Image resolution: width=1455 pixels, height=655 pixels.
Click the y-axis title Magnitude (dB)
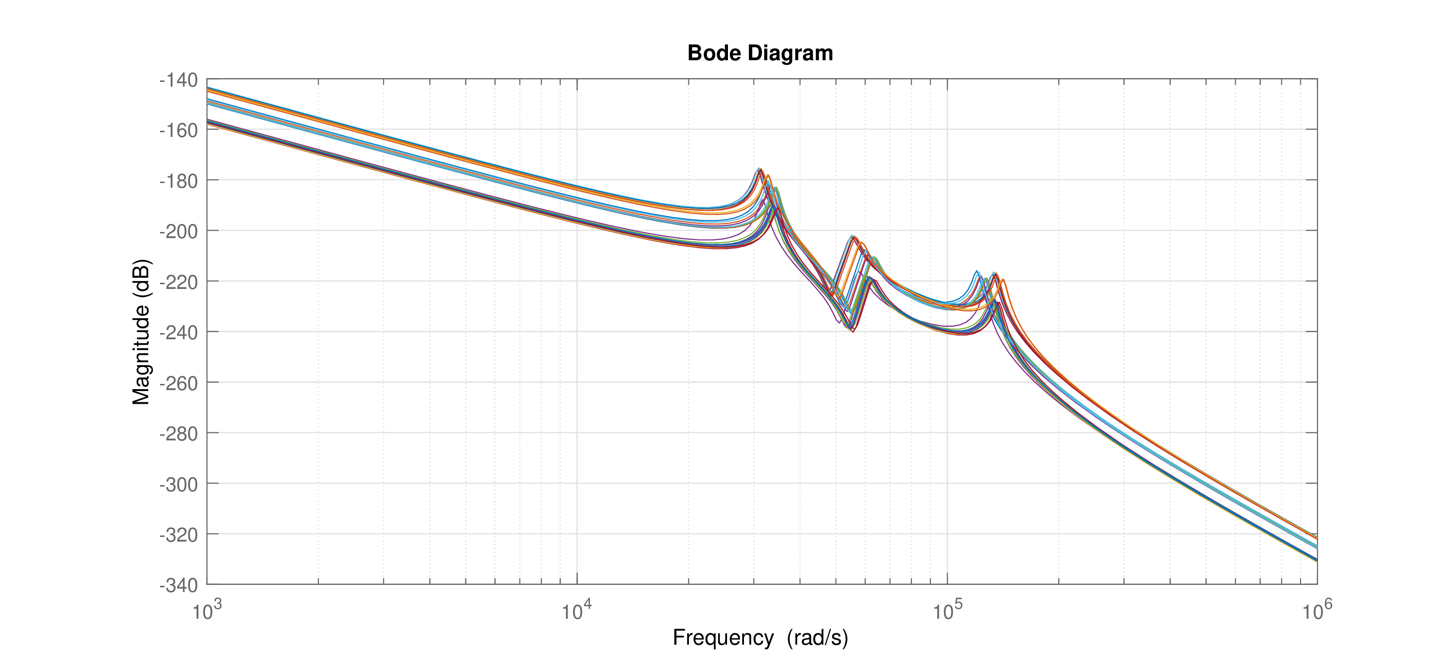[x=141, y=332]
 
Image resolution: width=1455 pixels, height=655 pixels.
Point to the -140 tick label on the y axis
[x=178, y=80]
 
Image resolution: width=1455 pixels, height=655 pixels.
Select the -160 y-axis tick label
[x=178, y=130]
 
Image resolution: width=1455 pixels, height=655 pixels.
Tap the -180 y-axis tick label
[x=178, y=181]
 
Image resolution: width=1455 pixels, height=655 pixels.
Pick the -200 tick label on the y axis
[x=178, y=232]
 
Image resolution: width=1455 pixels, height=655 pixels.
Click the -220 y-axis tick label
[x=178, y=282]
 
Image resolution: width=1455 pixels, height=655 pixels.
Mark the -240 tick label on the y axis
[x=178, y=333]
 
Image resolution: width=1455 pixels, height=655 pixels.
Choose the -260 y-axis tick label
[x=178, y=383]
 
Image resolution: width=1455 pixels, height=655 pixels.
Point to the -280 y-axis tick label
[x=178, y=434]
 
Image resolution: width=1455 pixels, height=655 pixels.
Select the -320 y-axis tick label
[x=178, y=535]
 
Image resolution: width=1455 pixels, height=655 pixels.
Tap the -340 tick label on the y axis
[x=178, y=585]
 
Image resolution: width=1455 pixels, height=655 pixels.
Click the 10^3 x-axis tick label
[x=207, y=610]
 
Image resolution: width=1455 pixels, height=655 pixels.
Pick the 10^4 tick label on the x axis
[x=577, y=610]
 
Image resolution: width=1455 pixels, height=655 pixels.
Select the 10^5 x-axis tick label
[x=947, y=610]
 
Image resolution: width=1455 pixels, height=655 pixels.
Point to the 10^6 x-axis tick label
[x=1317, y=610]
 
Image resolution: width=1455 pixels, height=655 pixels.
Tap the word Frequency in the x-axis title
[x=723, y=638]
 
